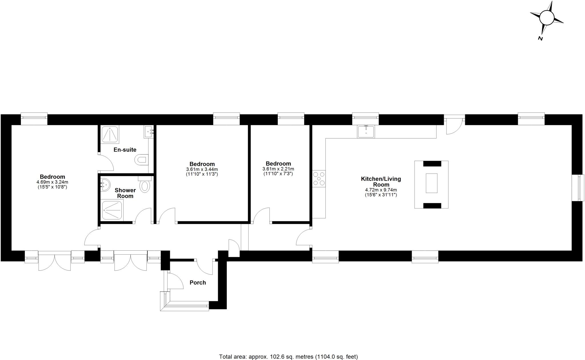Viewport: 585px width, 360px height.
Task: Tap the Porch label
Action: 198,283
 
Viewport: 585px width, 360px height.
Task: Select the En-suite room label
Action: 125,150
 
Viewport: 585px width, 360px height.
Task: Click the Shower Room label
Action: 125,193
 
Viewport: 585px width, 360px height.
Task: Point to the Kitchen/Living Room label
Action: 381,182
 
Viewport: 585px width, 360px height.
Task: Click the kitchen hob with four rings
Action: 319,179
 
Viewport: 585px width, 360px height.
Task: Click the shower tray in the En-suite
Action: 110,134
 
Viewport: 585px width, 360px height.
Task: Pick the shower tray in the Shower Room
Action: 113,210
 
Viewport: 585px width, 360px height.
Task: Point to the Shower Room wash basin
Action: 105,185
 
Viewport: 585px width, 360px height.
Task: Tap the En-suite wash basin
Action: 149,132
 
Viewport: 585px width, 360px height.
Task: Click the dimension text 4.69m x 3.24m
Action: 52,182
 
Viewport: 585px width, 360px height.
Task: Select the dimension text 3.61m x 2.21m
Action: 278,169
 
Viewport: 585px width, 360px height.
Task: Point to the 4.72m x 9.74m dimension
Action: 381,190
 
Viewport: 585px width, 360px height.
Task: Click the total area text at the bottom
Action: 288,357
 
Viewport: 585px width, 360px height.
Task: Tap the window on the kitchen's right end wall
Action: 578,188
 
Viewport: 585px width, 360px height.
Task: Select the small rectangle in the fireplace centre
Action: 431,183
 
